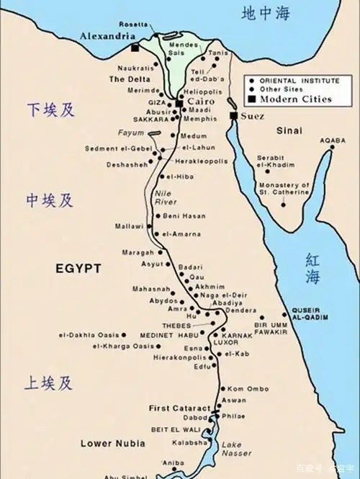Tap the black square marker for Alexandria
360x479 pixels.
(135, 48)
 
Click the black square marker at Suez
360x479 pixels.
(233, 115)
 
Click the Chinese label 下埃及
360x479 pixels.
(50, 109)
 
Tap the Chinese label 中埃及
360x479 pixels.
(50, 200)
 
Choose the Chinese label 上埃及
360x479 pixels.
(50, 382)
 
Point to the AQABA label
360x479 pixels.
(333, 140)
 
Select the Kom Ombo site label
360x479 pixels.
(248, 388)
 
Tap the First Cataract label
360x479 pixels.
(179, 408)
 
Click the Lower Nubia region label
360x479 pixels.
(107, 442)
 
